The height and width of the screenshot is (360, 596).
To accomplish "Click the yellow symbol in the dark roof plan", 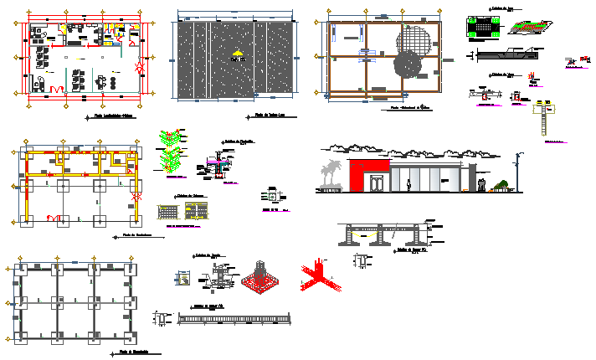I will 238,55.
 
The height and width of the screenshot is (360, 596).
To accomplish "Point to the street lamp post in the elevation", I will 519,172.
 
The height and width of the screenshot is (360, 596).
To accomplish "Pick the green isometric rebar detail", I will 172,151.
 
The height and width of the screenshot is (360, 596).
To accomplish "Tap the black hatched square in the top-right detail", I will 480,27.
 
